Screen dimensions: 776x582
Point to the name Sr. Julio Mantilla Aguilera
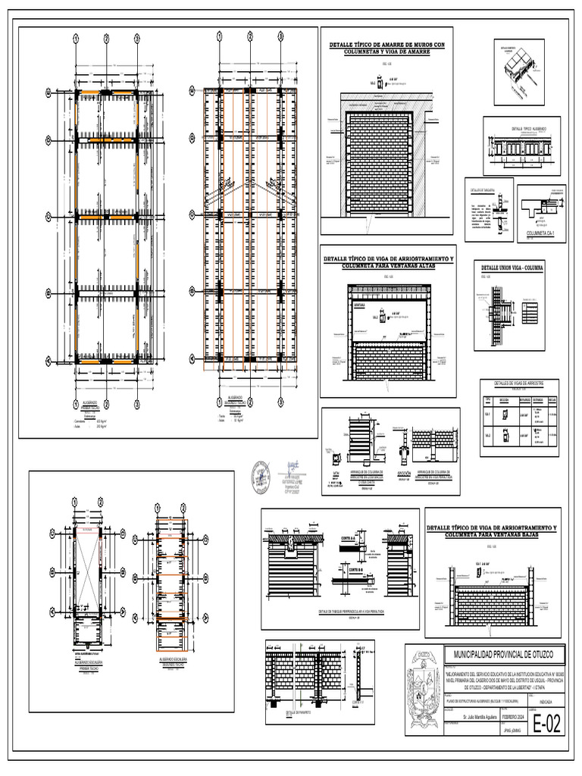click(474, 716)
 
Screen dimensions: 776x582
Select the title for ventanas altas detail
click(388, 262)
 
